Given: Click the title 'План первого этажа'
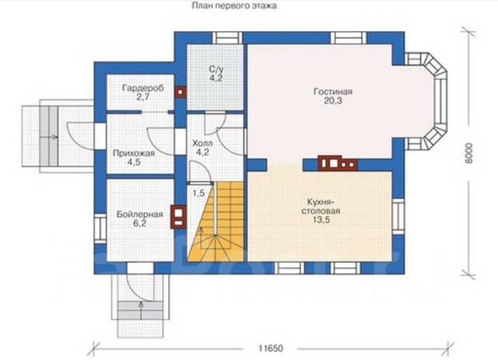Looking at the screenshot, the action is pos(233,5).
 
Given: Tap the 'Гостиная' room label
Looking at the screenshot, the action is pos(333,92).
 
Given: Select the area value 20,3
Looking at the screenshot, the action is pos(333,101).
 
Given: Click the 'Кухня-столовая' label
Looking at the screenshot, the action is pos(321,207).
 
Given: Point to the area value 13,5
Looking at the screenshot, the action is pos(321,220).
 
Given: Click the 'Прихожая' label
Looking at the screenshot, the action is pos(134,153).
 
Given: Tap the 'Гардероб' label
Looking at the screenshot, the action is pos(143,88).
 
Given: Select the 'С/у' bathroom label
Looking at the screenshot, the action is pos(216,69).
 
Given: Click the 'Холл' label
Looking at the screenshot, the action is pos(202,144).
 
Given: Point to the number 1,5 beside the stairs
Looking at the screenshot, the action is pos(198,193).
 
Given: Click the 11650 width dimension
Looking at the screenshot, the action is pos(270,348).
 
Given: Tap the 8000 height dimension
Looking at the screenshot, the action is pos(469,153).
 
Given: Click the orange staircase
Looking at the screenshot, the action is pos(216,222).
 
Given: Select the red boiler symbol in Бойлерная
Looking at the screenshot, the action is pos(178,217).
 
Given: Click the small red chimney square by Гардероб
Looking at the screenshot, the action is pos(181,92).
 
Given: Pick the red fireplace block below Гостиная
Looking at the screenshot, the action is pos(338,163).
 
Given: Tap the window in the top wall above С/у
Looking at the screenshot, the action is pos(227,38).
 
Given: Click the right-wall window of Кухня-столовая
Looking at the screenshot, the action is pos(398,216).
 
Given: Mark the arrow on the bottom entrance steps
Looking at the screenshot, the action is pos(141,309).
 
